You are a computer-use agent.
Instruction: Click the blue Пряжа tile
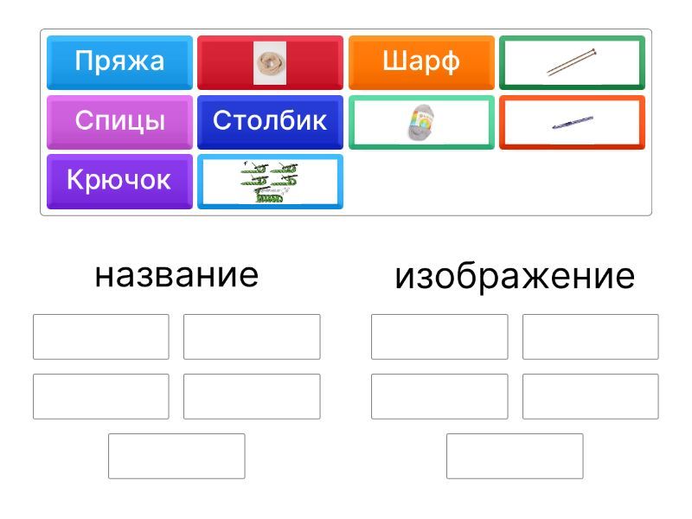119,62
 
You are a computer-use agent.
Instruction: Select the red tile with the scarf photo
270,62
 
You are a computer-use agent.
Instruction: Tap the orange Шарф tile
421,62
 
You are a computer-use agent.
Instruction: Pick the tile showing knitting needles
572,62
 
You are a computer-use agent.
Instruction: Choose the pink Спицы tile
119,122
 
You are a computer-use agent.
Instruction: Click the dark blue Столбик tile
270,122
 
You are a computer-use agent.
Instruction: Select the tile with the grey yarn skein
421,122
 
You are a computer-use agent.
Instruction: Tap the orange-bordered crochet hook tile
572,122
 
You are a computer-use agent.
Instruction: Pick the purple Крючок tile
119,182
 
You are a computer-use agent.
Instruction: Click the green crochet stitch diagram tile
270,182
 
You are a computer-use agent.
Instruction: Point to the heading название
176,276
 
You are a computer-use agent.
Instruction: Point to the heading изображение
515,277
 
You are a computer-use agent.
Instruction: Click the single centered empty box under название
176,456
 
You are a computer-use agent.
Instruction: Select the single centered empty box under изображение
515,456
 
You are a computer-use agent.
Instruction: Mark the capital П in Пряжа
83,61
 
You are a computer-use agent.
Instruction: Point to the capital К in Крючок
75,180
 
